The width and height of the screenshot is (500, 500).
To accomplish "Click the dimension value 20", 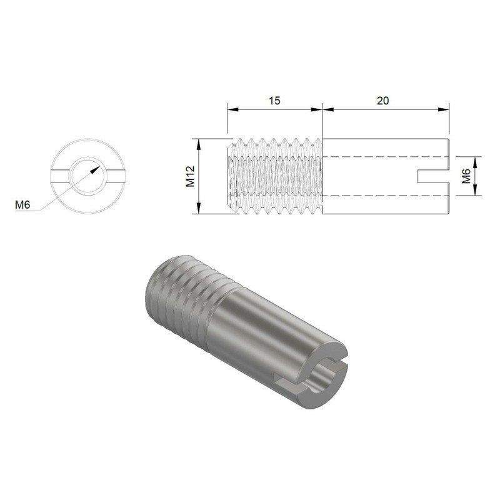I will point(384,100).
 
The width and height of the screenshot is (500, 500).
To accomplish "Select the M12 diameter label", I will point(191,177).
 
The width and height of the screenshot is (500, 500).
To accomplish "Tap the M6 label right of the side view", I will point(466,176).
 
